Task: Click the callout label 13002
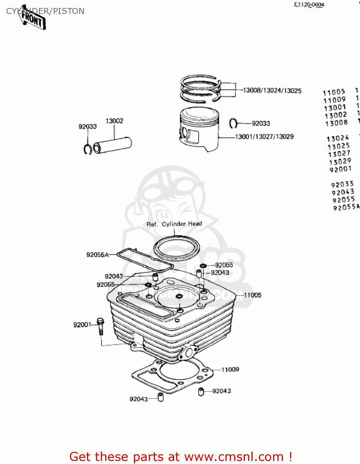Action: (x=114, y=121)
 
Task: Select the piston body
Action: (x=199, y=128)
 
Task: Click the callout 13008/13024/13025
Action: (x=272, y=91)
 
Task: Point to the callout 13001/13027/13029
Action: (x=264, y=137)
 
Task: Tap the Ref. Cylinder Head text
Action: (x=174, y=224)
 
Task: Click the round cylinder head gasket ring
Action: (x=177, y=248)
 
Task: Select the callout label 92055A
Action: (x=97, y=255)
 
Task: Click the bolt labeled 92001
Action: (x=100, y=326)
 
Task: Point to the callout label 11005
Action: (x=253, y=295)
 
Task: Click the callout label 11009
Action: (x=230, y=369)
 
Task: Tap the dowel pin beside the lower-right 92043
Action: (x=201, y=392)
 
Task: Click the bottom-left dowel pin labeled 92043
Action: (x=161, y=397)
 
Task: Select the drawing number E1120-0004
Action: (x=309, y=5)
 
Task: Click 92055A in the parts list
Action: (x=346, y=207)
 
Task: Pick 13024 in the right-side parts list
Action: (x=338, y=138)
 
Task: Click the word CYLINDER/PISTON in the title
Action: (x=45, y=11)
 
